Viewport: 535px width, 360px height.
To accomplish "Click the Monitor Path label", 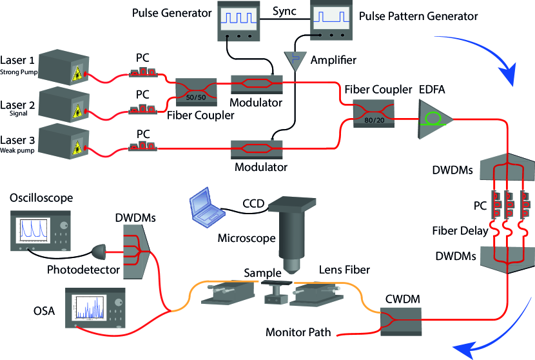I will coord(298,333).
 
